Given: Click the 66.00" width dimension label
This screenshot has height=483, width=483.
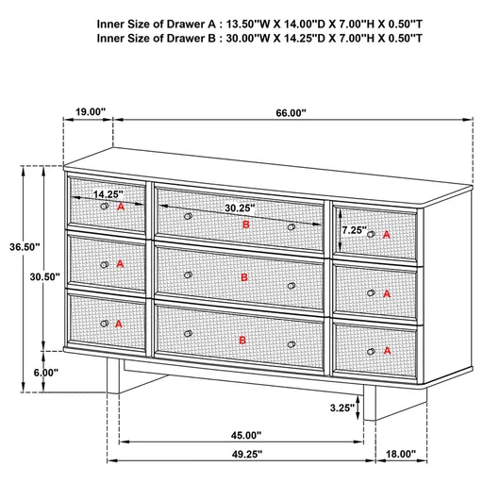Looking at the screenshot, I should tap(291, 112).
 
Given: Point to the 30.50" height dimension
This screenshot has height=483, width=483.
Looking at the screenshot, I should tap(45, 277).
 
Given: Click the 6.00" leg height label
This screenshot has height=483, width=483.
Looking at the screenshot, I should tap(43, 373).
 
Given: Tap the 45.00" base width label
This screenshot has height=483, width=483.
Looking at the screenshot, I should tap(244, 435).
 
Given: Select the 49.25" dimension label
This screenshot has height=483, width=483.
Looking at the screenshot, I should tap(244, 454).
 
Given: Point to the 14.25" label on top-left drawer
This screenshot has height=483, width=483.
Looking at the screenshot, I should tap(108, 194).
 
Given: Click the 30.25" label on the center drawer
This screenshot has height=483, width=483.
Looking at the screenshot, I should tap(237, 208).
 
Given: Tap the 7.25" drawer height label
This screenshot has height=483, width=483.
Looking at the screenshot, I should tap(355, 229).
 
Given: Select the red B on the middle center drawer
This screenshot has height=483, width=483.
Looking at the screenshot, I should tap(244, 277).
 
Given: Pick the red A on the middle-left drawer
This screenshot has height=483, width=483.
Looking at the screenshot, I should tap(120, 264).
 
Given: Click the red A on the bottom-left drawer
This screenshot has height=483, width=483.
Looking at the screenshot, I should tap(119, 323).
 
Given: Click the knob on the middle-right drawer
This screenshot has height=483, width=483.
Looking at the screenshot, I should tap(371, 293).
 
